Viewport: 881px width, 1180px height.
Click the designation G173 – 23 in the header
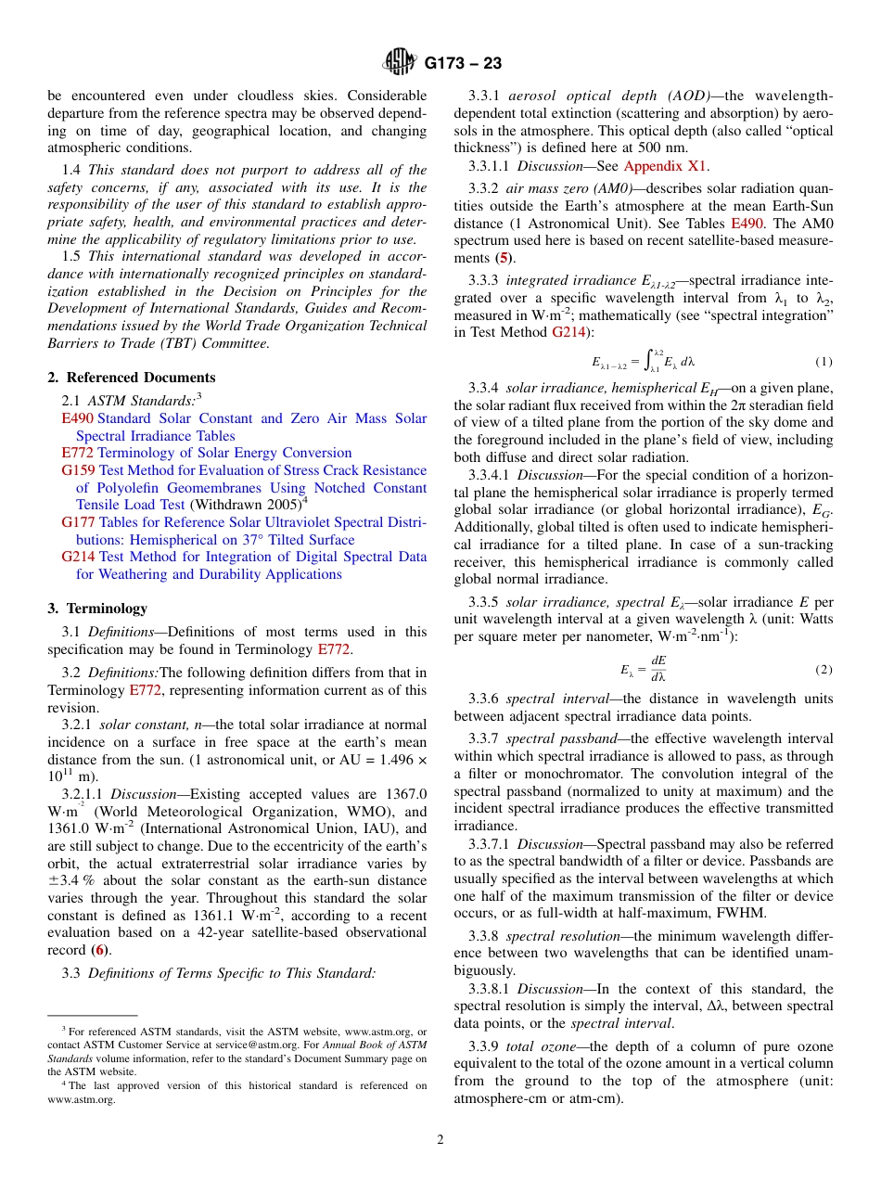click(463, 63)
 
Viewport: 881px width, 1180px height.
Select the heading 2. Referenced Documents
click(132, 378)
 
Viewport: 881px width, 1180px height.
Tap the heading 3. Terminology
click(97, 609)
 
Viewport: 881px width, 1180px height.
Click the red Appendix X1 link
click(666, 166)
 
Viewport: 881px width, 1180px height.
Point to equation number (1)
click(824, 361)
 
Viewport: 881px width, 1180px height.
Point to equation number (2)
click(824, 669)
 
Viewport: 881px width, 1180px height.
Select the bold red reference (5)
click(503, 257)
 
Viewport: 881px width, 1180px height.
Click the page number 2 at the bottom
click(440, 1140)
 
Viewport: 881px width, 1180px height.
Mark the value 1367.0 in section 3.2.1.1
click(405, 793)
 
